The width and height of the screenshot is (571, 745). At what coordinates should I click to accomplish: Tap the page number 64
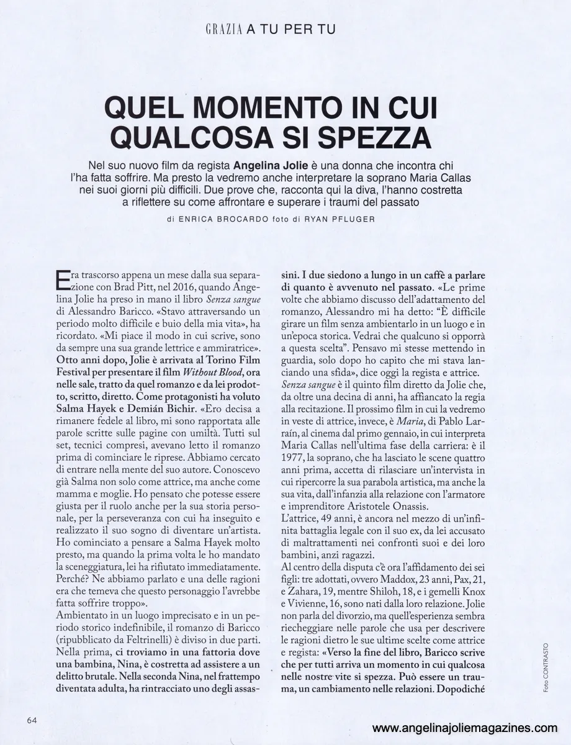(33, 720)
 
